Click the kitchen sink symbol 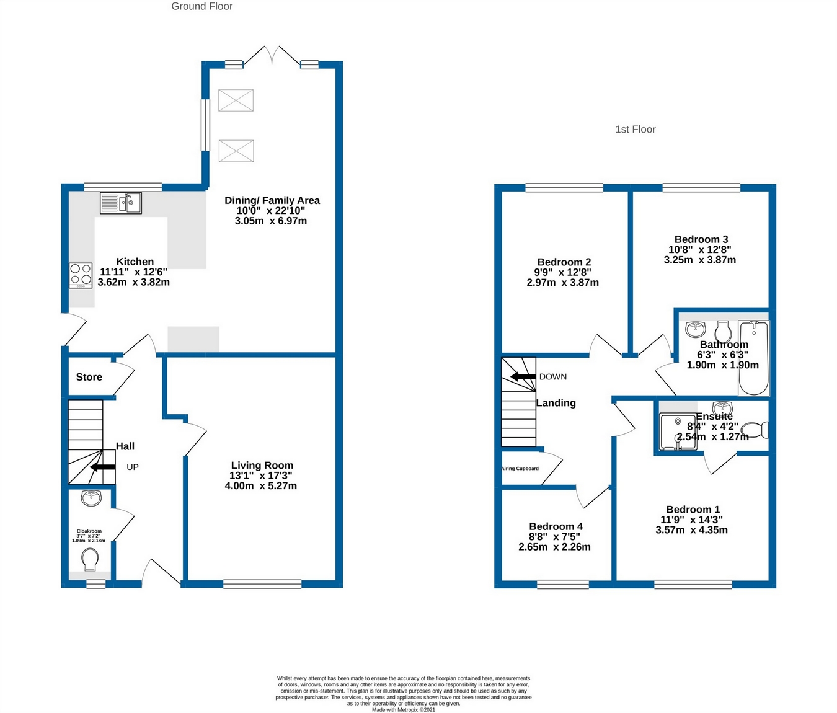(x=121, y=203)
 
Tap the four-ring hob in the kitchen (x=81, y=276)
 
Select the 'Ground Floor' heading (x=201, y=6)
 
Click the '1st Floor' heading (x=635, y=130)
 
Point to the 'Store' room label (x=89, y=377)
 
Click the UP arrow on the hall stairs (x=102, y=467)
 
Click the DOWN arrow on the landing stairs (x=523, y=376)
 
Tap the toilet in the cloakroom (x=90, y=560)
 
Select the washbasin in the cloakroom (x=91, y=497)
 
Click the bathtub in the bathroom (x=754, y=358)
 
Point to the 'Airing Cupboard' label (x=520, y=469)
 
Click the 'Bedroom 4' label (x=556, y=526)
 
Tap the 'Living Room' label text (x=262, y=465)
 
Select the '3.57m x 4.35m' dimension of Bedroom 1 (x=691, y=530)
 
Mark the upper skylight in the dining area (x=236, y=100)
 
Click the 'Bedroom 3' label (x=701, y=239)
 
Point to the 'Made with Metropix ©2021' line (x=403, y=710)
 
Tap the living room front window (x=262, y=583)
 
